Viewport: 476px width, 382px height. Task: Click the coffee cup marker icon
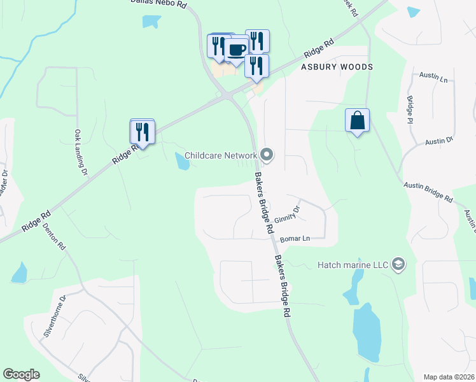(237, 50)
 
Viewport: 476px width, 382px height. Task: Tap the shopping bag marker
(358, 120)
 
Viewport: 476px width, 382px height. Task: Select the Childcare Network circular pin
(267, 155)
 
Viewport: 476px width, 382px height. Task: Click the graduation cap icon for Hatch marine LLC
(398, 264)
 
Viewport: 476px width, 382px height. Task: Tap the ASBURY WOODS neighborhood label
(337, 67)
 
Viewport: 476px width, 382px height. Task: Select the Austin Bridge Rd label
(428, 192)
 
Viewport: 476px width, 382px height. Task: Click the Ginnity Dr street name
(288, 214)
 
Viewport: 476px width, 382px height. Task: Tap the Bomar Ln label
(295, 239)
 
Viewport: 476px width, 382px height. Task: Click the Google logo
(21, 374)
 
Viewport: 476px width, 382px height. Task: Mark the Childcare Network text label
(221, 155)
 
